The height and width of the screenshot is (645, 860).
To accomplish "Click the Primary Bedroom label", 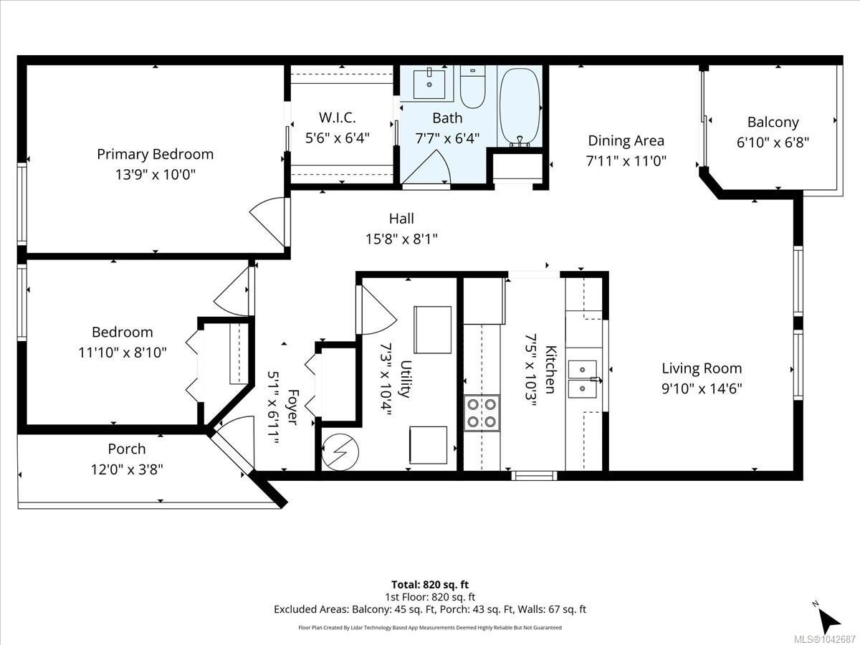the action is [x=155, y=154].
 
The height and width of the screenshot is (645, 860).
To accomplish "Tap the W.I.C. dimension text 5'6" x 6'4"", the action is [x=338, y=138].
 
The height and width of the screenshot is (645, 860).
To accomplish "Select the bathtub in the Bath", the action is [x=520, y=106].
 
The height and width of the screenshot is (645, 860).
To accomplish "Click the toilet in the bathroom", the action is [x=472, y=87].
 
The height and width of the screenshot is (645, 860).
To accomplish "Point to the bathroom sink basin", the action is [x=429, y=84].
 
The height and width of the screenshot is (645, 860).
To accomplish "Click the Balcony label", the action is [x=773, y=122].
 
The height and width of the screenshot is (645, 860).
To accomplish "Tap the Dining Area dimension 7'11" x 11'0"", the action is [x=626, y=161].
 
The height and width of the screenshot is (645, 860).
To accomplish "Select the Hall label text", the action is [x=401, y=219].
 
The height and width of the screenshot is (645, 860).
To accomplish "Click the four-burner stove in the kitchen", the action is [x=482, y=414].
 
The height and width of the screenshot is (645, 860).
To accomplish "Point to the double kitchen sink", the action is [x=583, y=379].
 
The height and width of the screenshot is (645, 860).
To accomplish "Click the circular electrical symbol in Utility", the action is [x=340, y=452].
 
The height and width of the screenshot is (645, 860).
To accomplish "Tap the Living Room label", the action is [x=702, y=368].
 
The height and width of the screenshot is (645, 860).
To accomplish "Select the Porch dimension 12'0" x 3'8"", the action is [x=127, y=469].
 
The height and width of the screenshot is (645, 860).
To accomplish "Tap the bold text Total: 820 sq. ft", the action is [x=430, y=584].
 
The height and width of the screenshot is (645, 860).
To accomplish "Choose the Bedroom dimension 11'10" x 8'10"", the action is [x=123, y=353].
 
